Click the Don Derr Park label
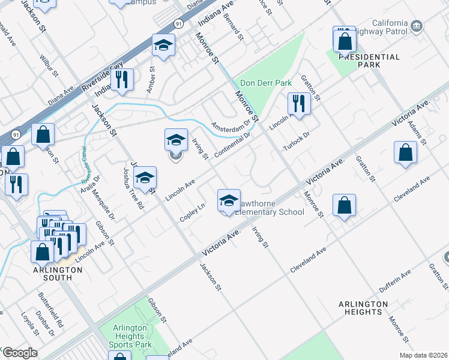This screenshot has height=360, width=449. coord(265,83)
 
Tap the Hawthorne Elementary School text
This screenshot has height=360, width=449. coord(269,208)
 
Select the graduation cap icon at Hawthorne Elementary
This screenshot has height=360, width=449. coord(229,201)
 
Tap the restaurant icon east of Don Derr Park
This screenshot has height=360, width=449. coord(298,104)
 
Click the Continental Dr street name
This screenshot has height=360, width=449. coord(231,146)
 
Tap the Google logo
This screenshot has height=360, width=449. coord(19,353)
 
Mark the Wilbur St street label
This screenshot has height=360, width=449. coord(49,66)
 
